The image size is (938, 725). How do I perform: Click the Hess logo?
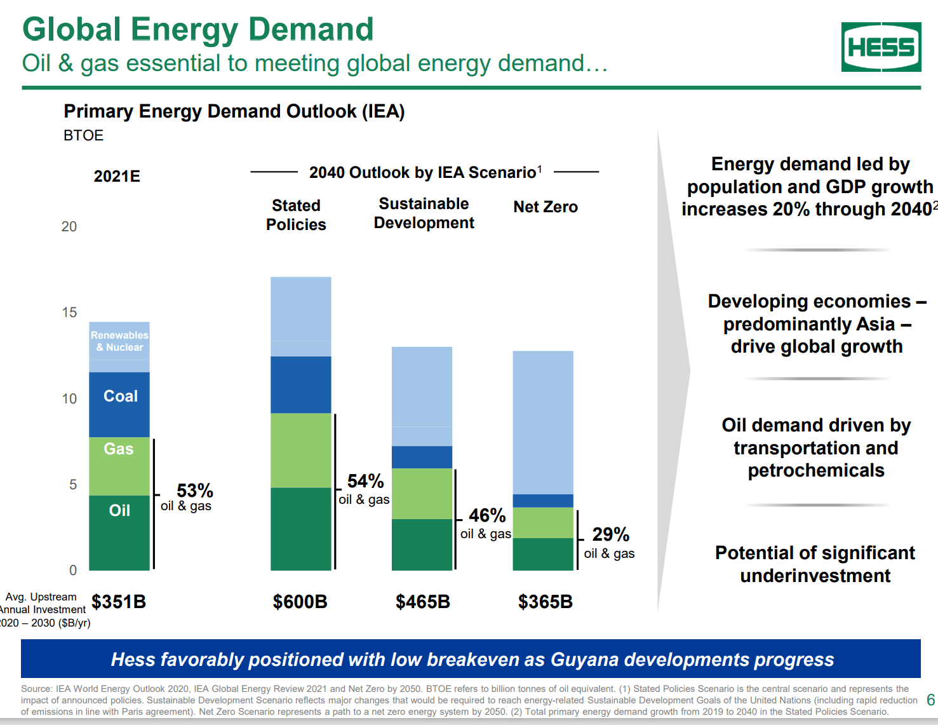[881, 47]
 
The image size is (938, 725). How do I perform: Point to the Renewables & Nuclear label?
[119, 341]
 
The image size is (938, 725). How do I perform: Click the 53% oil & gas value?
[194, 491]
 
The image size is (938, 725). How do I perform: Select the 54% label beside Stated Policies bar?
[365, 481]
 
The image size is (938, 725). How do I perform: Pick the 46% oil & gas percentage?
[487, 515]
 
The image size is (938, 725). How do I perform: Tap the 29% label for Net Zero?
[610, 534]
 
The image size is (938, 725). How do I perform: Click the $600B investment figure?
[300, 602]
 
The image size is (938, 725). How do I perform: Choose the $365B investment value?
[545, 602]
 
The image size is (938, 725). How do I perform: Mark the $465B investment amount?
[422, 602]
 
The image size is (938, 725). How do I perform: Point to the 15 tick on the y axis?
[69, 313]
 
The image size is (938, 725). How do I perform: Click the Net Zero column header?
[545, 207]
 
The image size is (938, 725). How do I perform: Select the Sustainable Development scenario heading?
[424, 213]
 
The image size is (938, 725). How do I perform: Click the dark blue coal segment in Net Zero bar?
[543, 501]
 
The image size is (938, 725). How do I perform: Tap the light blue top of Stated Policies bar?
[300, 309]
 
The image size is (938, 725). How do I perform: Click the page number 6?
[930, 700]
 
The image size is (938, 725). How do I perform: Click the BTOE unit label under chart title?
[83, 135]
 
